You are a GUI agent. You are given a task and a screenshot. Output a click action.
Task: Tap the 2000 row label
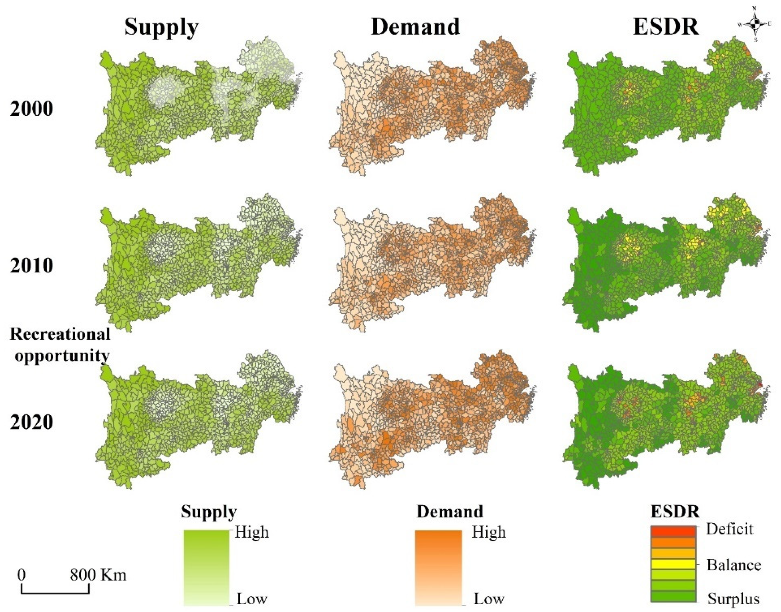coord(32,109)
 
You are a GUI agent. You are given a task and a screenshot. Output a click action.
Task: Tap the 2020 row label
coord(32,422)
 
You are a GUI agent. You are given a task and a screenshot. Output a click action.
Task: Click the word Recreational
coord(60,334)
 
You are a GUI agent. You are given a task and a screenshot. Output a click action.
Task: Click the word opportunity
coord(62,356)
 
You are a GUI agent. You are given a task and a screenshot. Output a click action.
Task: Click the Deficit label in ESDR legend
coord(730,529)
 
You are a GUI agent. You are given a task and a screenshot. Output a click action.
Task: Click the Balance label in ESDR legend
coord(734,565)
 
